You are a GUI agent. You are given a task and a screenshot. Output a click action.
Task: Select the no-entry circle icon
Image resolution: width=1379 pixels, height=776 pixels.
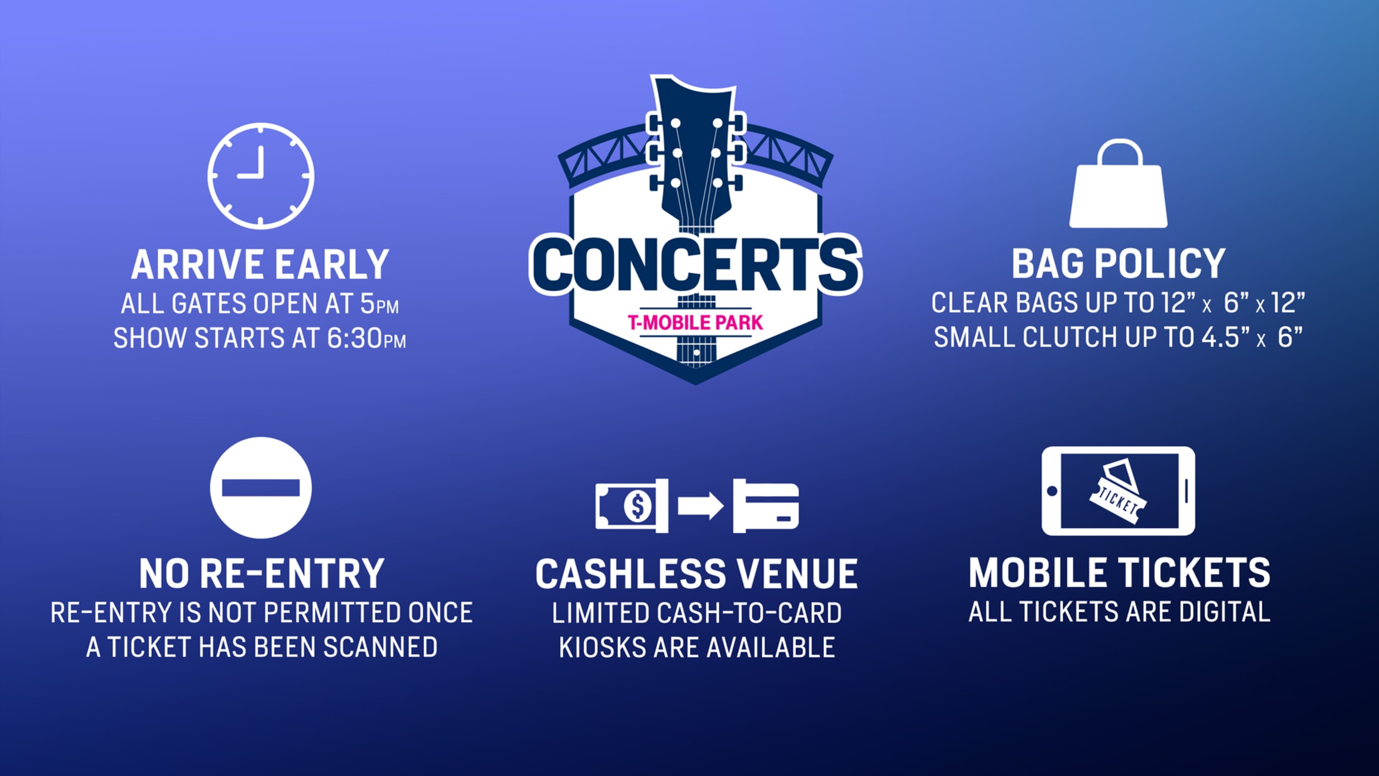click(260, 487)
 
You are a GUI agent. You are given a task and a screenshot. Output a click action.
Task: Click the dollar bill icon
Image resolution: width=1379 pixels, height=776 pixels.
click(631, 505)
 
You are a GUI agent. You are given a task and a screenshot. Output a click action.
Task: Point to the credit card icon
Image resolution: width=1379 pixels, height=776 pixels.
click(766, 505)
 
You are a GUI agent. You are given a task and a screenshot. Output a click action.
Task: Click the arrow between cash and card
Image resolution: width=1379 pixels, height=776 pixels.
click(701, 505)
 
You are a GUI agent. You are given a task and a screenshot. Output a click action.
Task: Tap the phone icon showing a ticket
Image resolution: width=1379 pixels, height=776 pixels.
click(1118, 490)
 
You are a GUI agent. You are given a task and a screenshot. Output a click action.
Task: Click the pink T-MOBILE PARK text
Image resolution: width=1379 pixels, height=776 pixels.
click(695, 322)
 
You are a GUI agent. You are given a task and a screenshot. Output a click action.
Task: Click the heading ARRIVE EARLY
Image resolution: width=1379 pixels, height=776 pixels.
click(260, 264)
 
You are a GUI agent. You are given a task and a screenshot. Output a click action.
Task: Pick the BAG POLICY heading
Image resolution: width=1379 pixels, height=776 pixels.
click(1118, 264)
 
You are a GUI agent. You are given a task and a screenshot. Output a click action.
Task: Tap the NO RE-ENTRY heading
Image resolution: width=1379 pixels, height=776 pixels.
click(261, 574)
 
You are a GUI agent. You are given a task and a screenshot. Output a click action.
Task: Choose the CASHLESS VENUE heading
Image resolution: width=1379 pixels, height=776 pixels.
click(696, 574)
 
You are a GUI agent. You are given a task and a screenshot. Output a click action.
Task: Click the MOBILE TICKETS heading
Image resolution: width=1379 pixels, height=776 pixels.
click(1119, 572)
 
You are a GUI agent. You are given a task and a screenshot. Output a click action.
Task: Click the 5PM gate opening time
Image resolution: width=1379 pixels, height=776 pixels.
click(379, 304)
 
